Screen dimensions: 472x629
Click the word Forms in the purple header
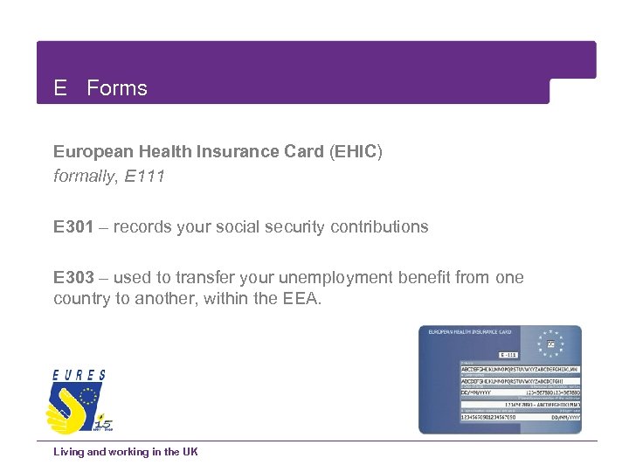117,88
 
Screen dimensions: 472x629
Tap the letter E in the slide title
60,88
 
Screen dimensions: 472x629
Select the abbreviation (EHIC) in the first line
356,151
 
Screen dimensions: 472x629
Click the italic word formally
85,177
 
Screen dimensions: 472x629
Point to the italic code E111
145,177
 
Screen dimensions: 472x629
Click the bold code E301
73,227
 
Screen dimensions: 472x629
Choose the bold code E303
73,278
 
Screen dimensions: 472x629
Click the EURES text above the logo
79,375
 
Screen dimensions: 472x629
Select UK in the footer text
190,452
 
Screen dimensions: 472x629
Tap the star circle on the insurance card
550,344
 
